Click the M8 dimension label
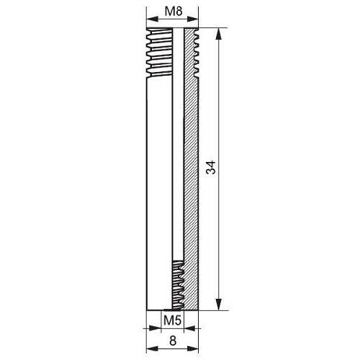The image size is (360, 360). [x=174, y=12]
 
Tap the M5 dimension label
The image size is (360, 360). [x=172, y=320]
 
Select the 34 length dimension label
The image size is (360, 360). [x=211, y=167]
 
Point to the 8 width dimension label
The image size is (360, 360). [x=173, y=341]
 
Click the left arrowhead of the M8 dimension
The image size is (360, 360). [x=152, y=19]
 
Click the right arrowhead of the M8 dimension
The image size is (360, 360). [x=193, y=19]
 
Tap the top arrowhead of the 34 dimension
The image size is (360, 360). [x=218, y=34]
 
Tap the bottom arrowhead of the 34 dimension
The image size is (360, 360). [x=218, y=305]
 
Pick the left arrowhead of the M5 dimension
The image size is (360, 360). [x=155, y=328]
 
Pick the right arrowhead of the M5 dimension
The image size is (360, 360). [x=189, y=328]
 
